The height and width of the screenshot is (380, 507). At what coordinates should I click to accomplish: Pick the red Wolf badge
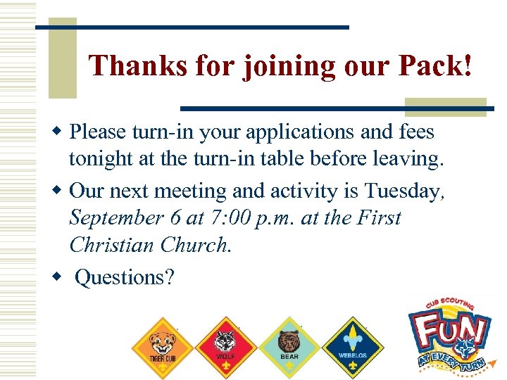click(x=225, y=345)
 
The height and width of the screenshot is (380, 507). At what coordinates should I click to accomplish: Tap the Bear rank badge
click(x=289, y=345)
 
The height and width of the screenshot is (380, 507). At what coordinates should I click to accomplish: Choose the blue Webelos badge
click(x=352, y=345)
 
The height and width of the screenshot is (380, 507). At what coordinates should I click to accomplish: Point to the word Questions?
click(x=124, y=278)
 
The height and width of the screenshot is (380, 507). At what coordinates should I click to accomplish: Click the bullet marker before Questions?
click(x=58, y=276)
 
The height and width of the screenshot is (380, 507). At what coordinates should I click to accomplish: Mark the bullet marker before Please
click(x=58, y=131)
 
